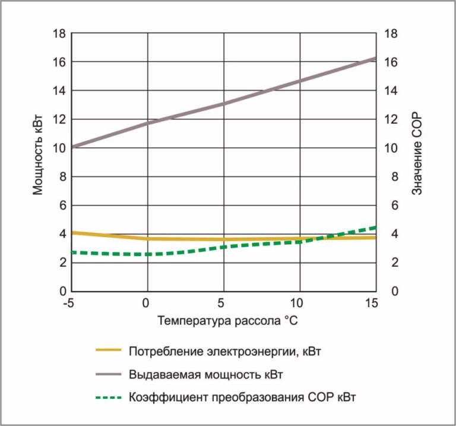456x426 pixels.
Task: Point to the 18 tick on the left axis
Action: (59, 33)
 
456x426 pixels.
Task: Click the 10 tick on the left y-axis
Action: (59, 148)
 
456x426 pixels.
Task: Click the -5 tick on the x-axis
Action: (69, 304)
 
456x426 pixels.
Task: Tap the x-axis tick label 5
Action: (224, 304)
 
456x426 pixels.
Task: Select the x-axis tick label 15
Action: (373, 304)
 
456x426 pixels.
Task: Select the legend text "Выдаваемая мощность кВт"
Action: (205, 374)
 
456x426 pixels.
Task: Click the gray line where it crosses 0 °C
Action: (147, 123)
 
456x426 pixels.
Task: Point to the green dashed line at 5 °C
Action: (224, 247)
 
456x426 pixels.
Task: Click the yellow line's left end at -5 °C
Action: (72, 232)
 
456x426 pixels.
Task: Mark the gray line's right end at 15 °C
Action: (375, 58)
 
